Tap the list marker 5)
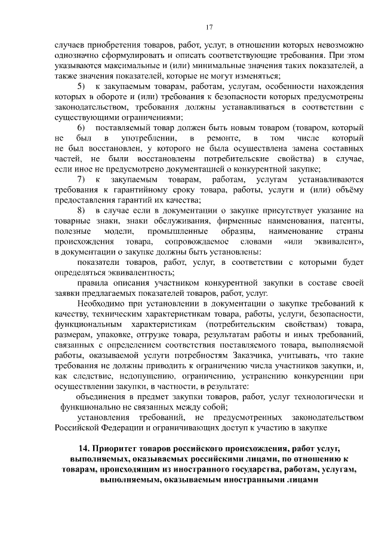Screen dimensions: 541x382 (x=82, y=87)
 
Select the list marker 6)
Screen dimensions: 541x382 (x=82, y=128)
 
